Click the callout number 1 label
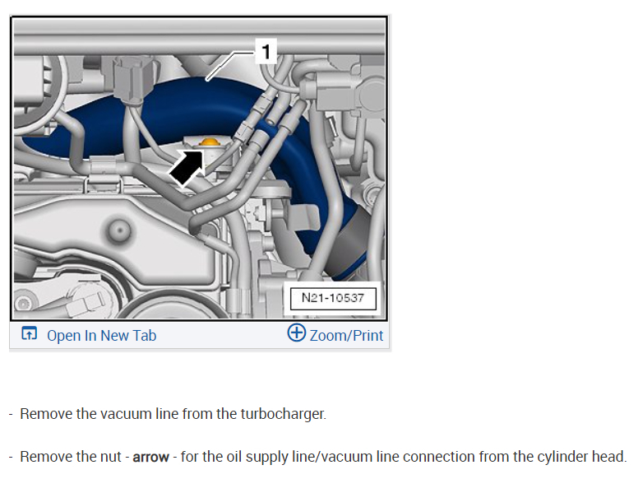(x=266, y=53)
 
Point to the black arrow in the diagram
(x=187, y=168)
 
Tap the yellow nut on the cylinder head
(x=210, y=144)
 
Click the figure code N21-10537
(x=332, y=297)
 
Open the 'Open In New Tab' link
(x=101, y=335)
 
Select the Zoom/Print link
(x=346, y=335)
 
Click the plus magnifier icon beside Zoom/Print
(x=296, y=333)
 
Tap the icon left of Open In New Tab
(x=30, y=334)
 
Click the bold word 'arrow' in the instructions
(x=150, y=457)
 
